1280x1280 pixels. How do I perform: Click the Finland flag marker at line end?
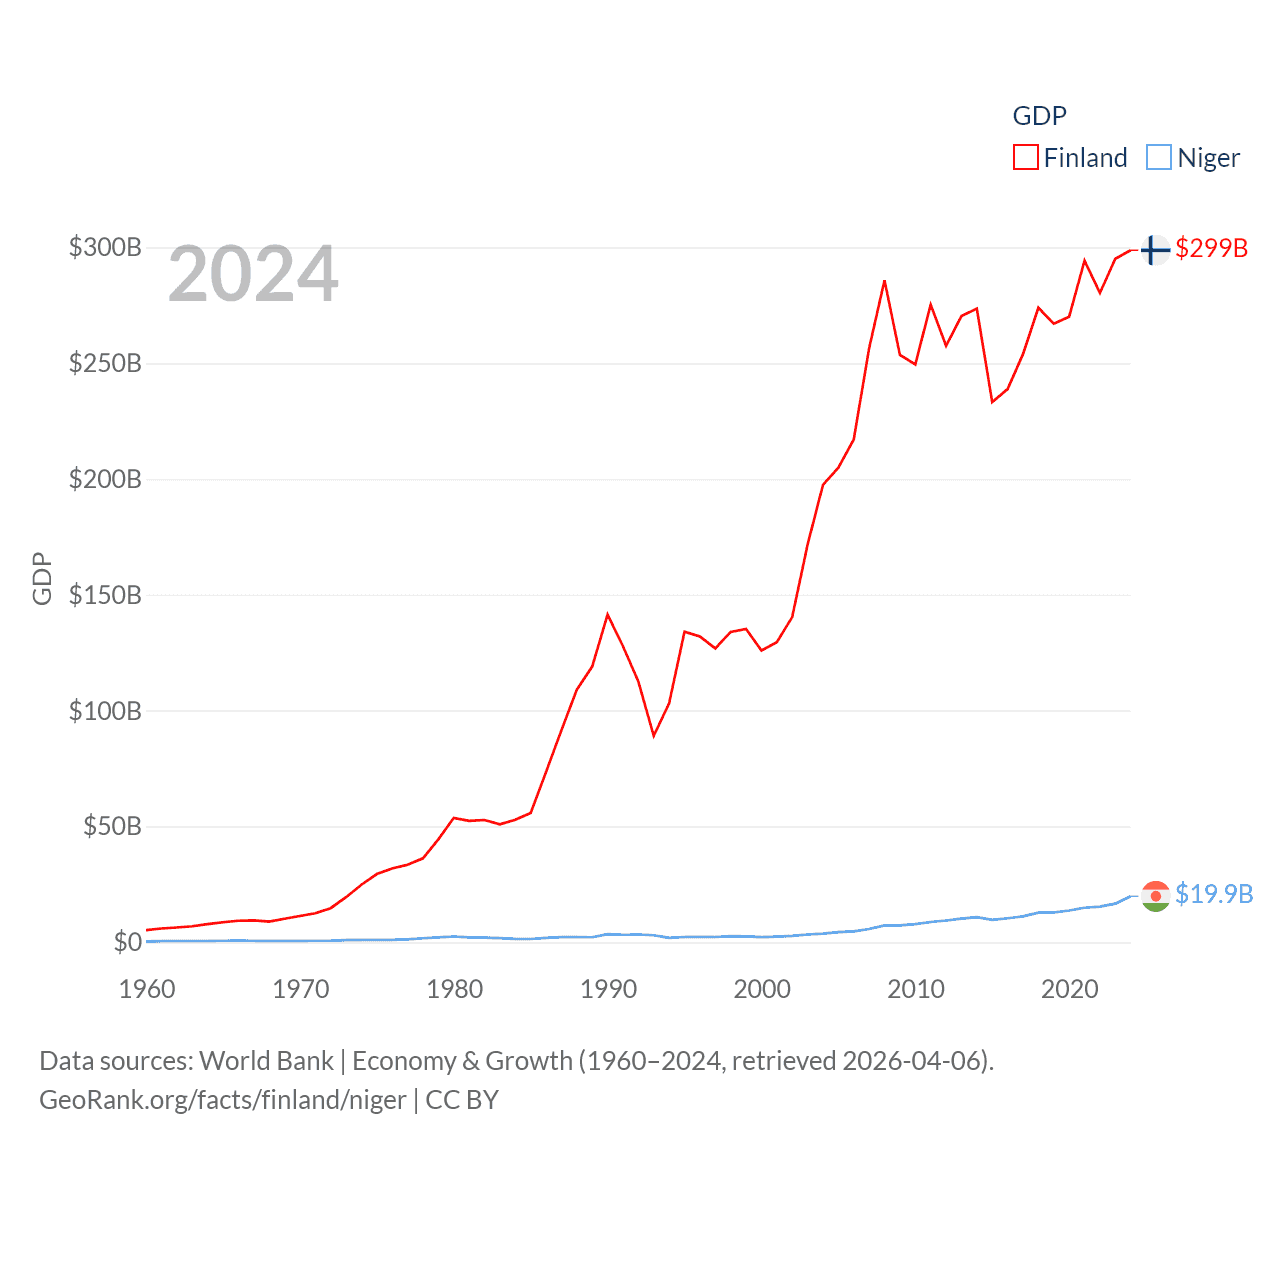(x=1155, y=249)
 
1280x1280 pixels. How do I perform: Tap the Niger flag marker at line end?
(x=1155, y=896)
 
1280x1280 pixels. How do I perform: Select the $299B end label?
(x=1211, y=248)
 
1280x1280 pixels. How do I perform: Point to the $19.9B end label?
(x=1214, y=894)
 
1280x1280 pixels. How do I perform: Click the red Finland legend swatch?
(x=1026, y=158)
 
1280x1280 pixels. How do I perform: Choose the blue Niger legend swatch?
(x=1158, y=158)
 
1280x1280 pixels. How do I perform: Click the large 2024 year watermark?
(x=253, y=274)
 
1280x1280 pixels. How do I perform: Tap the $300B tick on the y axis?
(x=105, y=247)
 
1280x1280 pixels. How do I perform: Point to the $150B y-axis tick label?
(x=105, y=595)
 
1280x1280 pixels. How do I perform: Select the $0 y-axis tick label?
(x=127, y=942)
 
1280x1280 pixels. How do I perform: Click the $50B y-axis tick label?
(x=112, y=826)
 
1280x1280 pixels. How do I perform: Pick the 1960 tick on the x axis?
(x=147, y=989)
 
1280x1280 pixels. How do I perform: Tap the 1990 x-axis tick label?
(x=608, y=989)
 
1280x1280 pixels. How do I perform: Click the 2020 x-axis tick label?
(x=1069, y=989)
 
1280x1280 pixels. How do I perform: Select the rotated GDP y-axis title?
(x=42, y=578)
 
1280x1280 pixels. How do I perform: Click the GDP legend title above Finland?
(x=1039, y=116)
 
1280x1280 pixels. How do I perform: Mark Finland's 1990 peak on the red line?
(x=607, y=614)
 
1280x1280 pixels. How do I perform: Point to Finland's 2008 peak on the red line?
(x=884, y=281)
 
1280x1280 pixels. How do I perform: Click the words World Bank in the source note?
(x=267, y=1061)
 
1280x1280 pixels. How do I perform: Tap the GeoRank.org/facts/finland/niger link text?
(x=223, y=1100)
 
